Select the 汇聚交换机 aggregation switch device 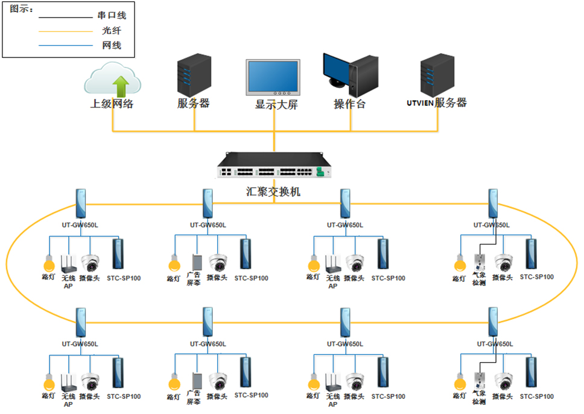275,165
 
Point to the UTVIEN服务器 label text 437,103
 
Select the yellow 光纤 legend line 66,31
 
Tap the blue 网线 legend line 66,46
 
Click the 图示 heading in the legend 22,10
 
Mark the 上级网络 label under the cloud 112,103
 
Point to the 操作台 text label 350,104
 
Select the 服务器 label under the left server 194,103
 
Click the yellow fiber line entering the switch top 274,142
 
